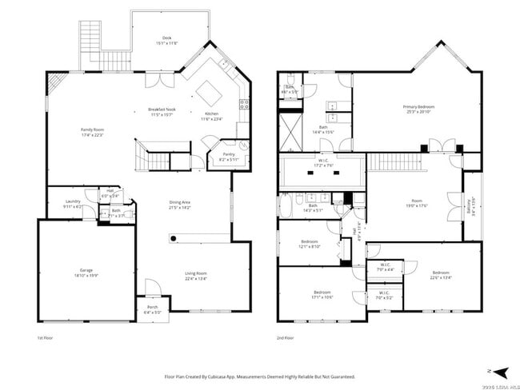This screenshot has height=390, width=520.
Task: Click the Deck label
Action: tap(166, 38)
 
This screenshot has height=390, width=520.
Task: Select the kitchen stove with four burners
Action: tap(244, 105)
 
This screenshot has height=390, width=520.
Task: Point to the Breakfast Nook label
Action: tap(162, 109)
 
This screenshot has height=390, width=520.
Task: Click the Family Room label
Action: tap(92, 129)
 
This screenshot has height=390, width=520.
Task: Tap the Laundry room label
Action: tap(73, 201)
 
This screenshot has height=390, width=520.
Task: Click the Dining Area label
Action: tap(179, 202)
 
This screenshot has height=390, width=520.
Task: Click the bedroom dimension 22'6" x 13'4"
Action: tap(441, 278)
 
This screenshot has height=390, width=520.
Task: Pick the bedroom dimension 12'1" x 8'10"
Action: tap(310, 246)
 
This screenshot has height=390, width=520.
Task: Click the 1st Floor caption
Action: tap(46, 338)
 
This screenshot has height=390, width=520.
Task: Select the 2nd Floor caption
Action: tap(285, 338)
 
